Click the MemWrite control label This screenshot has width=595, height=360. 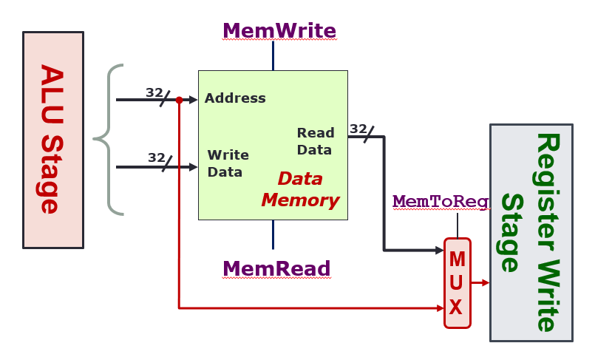(279, 31)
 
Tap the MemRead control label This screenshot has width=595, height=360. (276, 268)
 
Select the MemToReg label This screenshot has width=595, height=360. (441, 201)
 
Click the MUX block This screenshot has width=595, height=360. (457, 282)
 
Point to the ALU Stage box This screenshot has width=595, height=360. (52, 139)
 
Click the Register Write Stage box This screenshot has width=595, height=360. (531, 232)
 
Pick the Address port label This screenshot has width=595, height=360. (235, 98)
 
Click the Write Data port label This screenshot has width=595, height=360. (228, 163)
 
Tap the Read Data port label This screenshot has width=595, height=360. (316, 140)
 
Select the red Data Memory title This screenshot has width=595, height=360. (300, 189)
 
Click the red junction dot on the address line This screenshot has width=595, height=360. (179, 99)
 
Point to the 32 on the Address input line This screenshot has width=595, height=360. (154, 92)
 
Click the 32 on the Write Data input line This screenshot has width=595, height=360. (156, 157)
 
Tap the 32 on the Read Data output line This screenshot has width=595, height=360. (358, 129)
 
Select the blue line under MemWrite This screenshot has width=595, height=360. (273, 55)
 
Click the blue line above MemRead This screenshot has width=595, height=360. (273, 234)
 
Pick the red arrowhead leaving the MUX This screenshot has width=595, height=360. (485, 282)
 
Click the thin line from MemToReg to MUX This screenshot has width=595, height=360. (458, 225)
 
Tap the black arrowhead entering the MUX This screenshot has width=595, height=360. (439, 250)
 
